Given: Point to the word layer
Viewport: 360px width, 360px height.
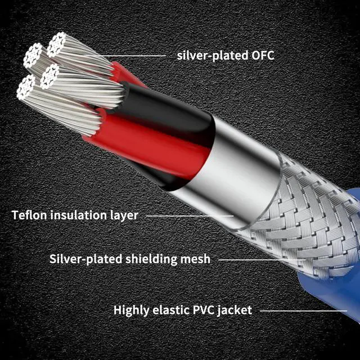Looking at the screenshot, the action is coord(124,215).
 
